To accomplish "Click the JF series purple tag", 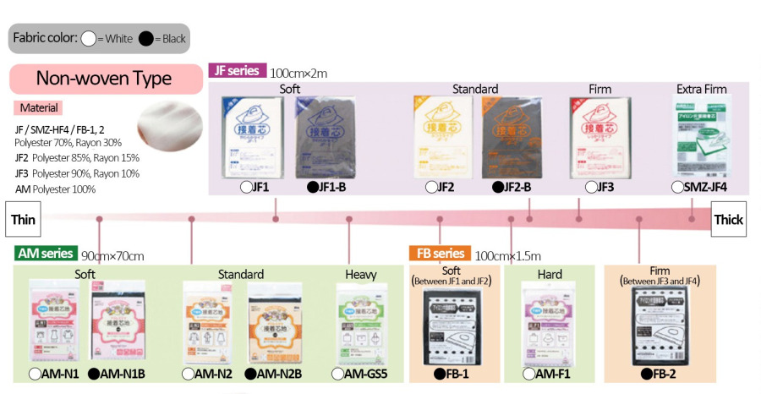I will (x=237, y=71).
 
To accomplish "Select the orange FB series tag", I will (x=439, y=253).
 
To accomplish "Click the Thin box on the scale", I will (x=23, y=219).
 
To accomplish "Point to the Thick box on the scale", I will (x=728, y=219).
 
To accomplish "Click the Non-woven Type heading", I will (x=103, y=79).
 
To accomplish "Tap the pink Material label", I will (x=38, y=108).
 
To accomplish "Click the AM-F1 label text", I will (x=550, y=373).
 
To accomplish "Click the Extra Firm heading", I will (x=701, y=89).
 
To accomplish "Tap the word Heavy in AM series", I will (x=361, y=274).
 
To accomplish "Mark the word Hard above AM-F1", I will (x=550, y=274).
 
